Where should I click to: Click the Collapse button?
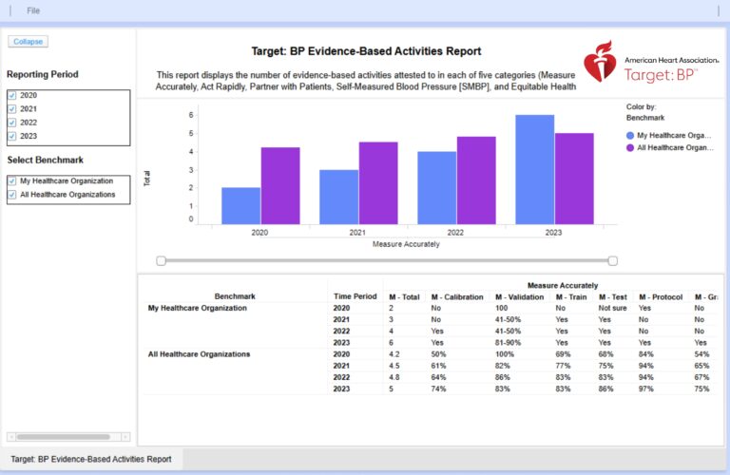pos(28,42)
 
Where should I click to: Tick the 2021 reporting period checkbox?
pos(12,109)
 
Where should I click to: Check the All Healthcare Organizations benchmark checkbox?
pos(12,195)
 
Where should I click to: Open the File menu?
pos(33,10)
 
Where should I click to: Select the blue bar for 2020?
pos(240,205)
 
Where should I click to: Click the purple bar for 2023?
pos(574,178)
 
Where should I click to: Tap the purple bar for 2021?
pos(378,182)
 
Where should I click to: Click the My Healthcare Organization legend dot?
pos(631,136)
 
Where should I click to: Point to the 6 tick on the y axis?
pos(191,115)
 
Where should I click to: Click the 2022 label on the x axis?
pos(455,233)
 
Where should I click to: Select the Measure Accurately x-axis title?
pos(406,244)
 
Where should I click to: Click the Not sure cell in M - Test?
pos(612,309)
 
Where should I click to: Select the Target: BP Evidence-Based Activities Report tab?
pos(91,459)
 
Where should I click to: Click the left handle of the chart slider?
pos(162,260)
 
